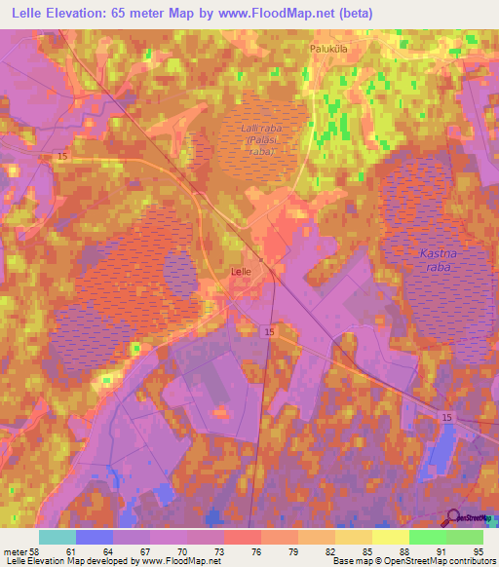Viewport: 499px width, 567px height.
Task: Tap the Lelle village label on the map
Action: click(x=241, y=274)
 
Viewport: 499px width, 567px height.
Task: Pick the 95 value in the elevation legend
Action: click(x=477, y=550)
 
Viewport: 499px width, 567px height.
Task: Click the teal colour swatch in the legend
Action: click(x=58, y=537)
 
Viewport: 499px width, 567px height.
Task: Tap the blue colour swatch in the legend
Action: click(x=95, y=537)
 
